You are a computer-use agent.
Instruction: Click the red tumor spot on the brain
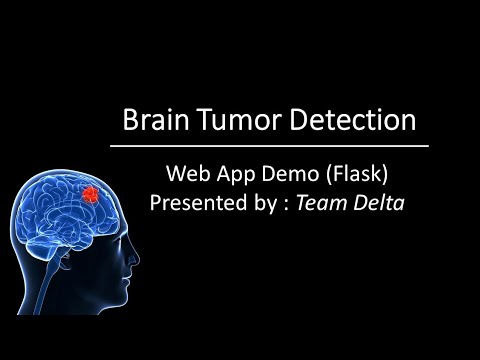click(x=92, y=193)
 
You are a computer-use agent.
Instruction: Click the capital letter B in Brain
click(x=130, y=121)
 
